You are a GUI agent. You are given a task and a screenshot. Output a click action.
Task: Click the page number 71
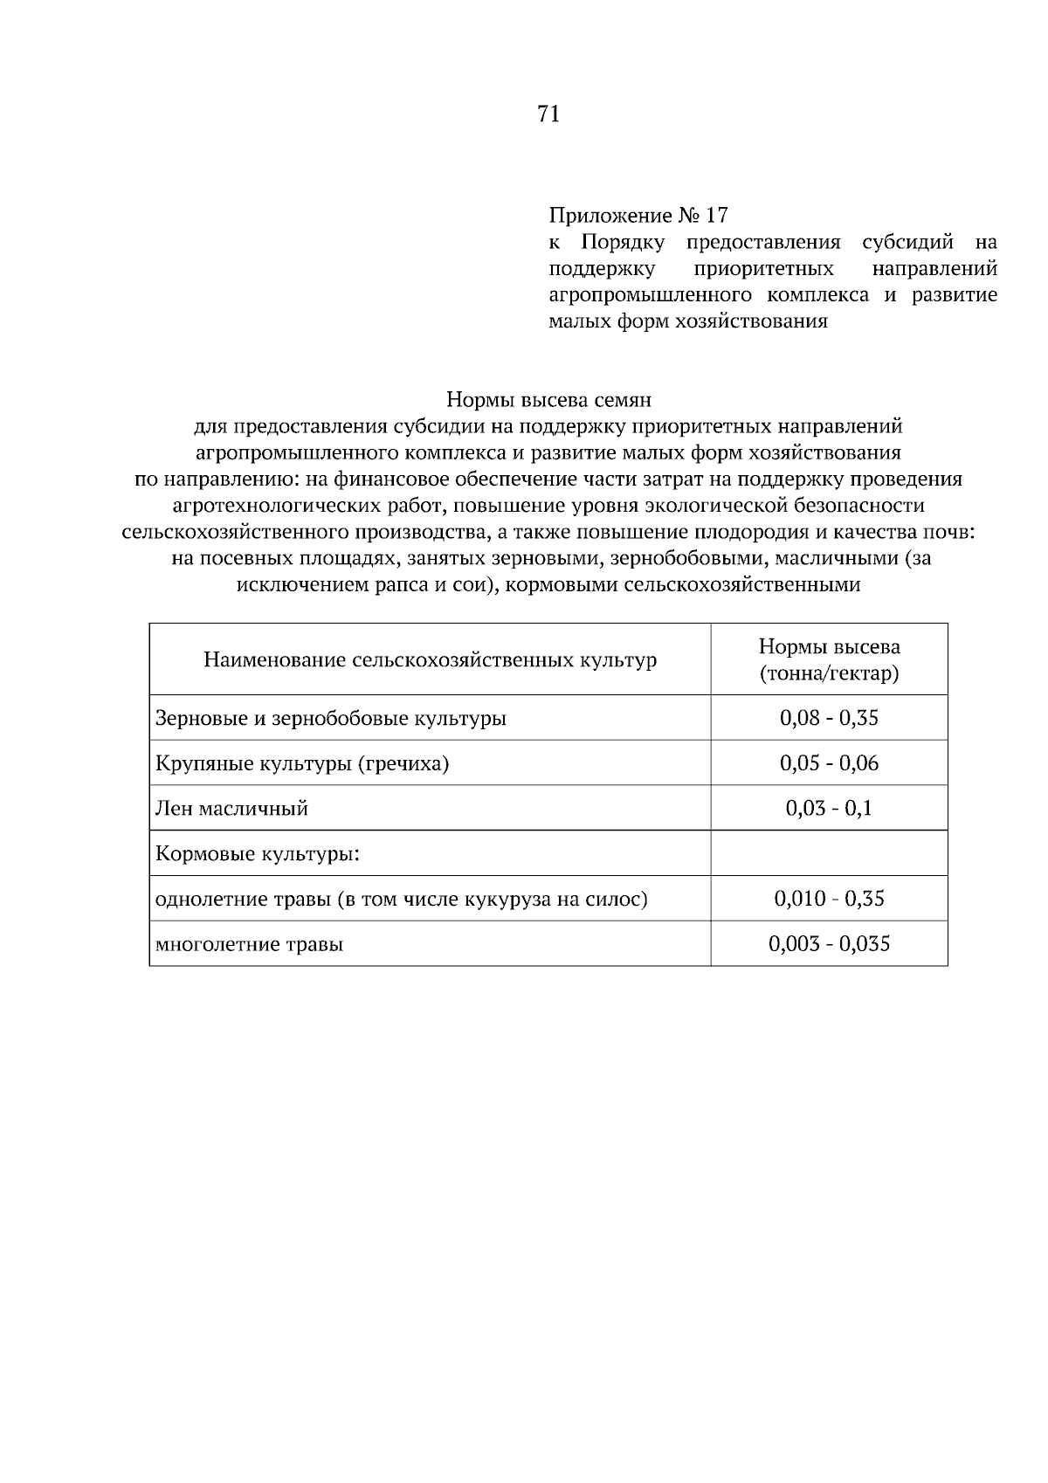pos(548,114)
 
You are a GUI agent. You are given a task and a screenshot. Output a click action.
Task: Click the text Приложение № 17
pos(638,215)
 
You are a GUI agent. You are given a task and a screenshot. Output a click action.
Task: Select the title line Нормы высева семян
pos(548,400)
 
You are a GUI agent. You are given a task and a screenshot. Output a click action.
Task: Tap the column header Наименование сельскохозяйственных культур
pos(430,659)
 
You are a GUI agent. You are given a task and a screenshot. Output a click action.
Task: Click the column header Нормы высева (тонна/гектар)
pos(829,659)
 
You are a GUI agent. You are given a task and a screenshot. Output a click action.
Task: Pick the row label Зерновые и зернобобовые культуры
pos(331,719)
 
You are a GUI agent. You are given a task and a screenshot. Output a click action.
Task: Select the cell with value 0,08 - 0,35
pos(829,718)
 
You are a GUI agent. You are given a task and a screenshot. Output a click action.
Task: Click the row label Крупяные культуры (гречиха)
pos(302,764)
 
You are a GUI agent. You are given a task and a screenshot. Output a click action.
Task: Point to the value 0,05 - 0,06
pos(829,763)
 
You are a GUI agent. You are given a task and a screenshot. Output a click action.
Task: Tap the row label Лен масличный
pos(231,809)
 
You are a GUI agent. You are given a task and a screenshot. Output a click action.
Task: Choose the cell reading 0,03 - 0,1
pos(829,809)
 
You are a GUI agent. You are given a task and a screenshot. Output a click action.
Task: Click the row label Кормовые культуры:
pos(258,853)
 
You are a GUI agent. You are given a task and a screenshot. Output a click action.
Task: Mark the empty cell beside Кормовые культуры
pos(829,853)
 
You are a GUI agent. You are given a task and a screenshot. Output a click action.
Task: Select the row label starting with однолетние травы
pos(401,899)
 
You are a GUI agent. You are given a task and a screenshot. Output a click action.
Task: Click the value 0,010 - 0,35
pos(829,899)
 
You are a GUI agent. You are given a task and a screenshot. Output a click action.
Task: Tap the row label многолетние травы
pos(249,944)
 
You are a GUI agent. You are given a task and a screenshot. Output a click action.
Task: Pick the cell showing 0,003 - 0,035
pos(829,944)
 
